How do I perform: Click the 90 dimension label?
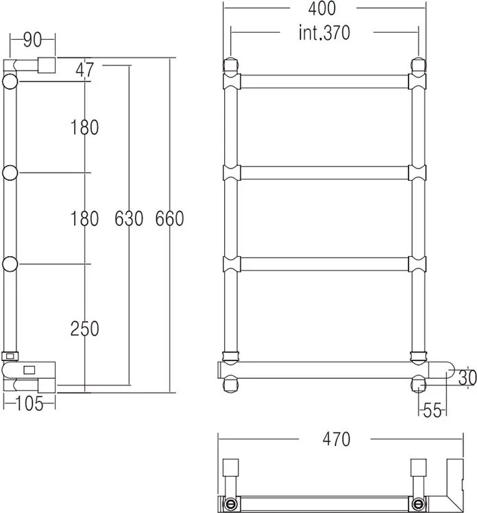(x=33, y=40)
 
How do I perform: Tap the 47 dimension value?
(x=84, y=70)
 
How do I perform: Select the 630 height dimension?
(x=129, y=218)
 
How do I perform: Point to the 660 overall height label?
(x=169, y=218)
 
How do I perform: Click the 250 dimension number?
(x=85, y=329)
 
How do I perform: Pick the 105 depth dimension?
(x=29, y=403)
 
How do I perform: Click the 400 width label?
(x=322, y=8)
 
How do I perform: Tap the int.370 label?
(x=324, y=33)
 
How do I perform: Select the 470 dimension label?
(x=337, y=439)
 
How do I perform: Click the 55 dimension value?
(x=432, y=410)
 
